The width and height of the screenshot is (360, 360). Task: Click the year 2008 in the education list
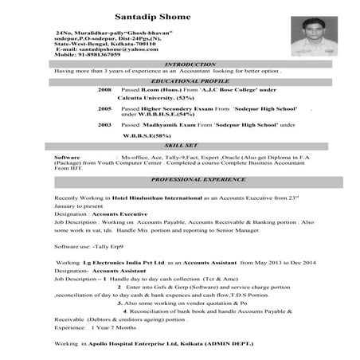coord(104,91)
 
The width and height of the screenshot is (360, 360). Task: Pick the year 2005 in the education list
coord(104,108)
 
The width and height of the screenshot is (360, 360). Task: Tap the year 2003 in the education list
coord(104,125)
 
